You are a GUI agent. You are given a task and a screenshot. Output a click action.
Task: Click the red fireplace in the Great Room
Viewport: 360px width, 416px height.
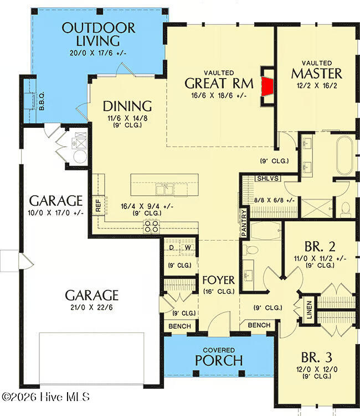(x=268, y=86)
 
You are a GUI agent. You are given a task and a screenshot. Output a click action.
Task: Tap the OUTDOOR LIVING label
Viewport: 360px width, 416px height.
(x=98, y=34)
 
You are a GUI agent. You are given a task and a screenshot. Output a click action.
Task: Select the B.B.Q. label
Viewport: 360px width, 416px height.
(x=42, y=101)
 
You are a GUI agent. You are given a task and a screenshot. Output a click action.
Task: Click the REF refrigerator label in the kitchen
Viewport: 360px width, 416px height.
(x=98, y=206)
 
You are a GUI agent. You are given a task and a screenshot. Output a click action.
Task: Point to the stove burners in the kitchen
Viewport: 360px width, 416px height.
(x=151, y=226)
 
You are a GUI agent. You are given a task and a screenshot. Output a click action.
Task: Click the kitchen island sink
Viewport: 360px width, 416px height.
(x=164, y=189)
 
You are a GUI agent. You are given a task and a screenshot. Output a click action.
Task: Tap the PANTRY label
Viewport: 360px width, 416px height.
(x=244, y=223)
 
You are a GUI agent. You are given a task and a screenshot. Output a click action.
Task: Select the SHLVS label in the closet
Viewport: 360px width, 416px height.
(x=268, y=178)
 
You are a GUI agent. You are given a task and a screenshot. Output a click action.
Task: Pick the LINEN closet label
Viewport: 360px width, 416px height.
(x=309, y=310)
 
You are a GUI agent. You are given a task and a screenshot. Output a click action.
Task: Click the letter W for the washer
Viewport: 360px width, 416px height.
(x=188, y=247)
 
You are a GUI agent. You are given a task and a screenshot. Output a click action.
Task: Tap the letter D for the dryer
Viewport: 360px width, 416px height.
(x=172, y=247)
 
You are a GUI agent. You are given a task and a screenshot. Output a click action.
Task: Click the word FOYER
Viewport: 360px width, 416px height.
(x=218, y=280)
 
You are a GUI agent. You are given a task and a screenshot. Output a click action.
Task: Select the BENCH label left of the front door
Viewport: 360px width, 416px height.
(x=179, y=326)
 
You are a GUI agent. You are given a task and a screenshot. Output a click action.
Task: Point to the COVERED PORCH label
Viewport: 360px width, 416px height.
(x=219, y=357)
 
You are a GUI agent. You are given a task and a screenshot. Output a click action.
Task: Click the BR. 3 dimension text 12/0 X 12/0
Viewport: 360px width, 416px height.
(x=317, y=369)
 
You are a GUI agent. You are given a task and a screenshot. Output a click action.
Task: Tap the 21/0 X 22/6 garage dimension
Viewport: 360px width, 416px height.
(x=91, y=308)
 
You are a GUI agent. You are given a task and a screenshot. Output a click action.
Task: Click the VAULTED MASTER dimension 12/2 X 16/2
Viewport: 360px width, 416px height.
(x=317, y=86)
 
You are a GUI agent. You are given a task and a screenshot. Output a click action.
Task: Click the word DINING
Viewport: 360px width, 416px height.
(x=127, y=106)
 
